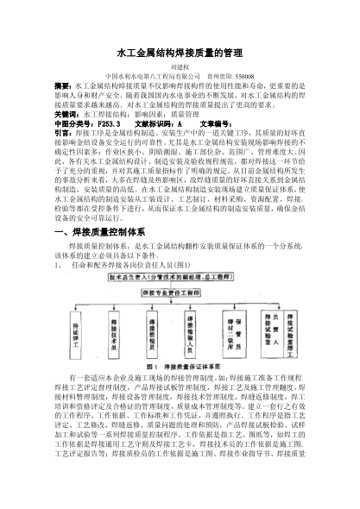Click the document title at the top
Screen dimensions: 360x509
180,53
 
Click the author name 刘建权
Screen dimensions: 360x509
180,66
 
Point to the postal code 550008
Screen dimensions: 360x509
248,77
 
